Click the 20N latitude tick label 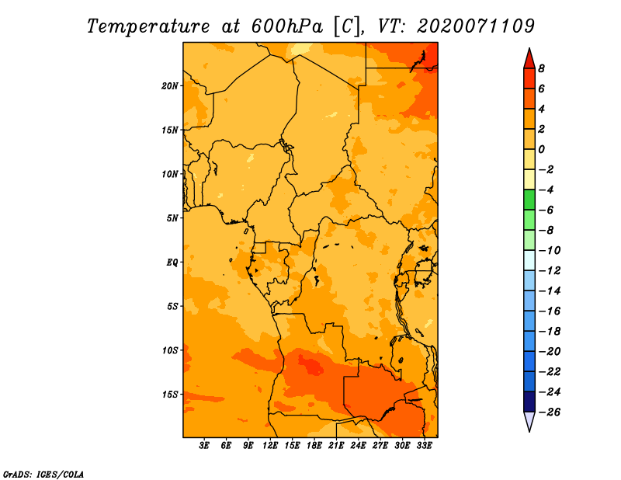pos(170,86)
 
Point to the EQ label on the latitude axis pos(172,263)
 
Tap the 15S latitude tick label pos(170,395)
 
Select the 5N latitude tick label pos(172,218)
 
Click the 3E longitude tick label pos(204,445)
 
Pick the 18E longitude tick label pos(314,445)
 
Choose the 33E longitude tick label pos(424,445)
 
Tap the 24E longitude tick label pos(358,445)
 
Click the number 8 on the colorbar pos(541,68)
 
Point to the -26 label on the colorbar pos(550,412)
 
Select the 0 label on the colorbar pos(541,149)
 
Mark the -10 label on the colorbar pos(550,251)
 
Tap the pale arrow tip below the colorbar pos(529,431)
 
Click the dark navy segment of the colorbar pos(529,402)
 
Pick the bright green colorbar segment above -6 pos(529,200)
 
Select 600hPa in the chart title pos(287,26)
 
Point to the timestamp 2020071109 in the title pos(476,26)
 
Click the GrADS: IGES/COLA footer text pos(43,475)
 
